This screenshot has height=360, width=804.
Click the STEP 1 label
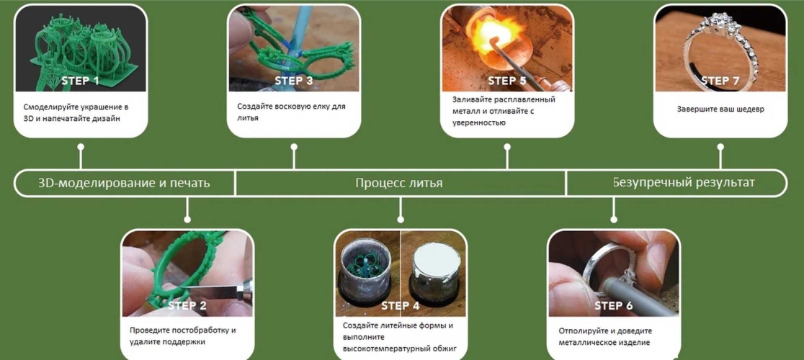tap(81, 81)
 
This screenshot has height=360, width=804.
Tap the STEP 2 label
tap(187, 305)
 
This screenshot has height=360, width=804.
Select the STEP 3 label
tap(294, 81)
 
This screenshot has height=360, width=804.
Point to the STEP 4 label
tap(401, 305)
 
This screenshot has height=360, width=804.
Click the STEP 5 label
tap(507, 81)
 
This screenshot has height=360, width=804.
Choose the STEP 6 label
tap(614, 305)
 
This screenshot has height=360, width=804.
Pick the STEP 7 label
tap(720, 81)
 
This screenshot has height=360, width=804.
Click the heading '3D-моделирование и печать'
tap(124, 183)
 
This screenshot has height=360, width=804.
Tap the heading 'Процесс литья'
tap(399, 183)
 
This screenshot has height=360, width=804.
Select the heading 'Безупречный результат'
tap(684, 182)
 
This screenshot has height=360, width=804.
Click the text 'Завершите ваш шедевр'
tap(720, 109)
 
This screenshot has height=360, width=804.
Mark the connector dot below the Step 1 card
tap(81, 146)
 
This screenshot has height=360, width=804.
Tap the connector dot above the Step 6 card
tap(614, 219)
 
